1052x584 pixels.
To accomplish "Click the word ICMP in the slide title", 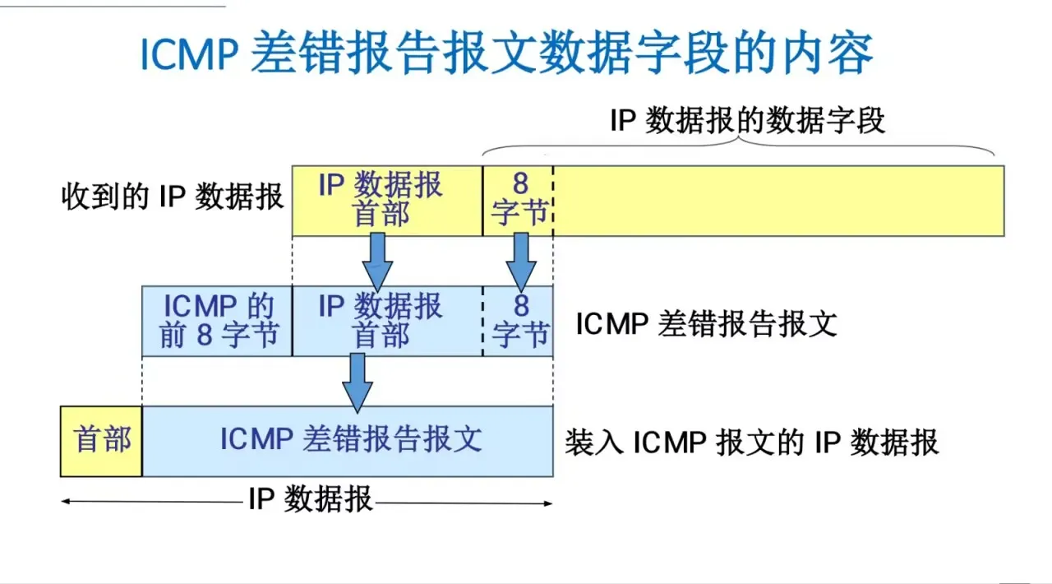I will click(188, 55).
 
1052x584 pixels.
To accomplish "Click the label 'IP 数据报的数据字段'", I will click(747, 121).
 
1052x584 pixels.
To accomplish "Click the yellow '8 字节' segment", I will click(519, 200).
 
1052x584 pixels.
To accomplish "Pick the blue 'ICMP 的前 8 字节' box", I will click(218, 321).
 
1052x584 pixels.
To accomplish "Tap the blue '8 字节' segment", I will click(519, 321).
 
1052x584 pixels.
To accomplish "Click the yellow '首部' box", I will click(102, 440).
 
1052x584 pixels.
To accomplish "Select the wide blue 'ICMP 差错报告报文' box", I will click(350, 440).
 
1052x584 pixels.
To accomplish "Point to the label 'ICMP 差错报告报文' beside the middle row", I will click(706, 323).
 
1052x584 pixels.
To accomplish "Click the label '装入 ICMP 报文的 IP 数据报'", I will click(751, 443).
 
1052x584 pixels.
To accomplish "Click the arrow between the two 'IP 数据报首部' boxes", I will click(377, 260).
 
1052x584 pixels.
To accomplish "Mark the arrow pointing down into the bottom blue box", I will click(357, 381).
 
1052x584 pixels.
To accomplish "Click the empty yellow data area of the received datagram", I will click(777, 201).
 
